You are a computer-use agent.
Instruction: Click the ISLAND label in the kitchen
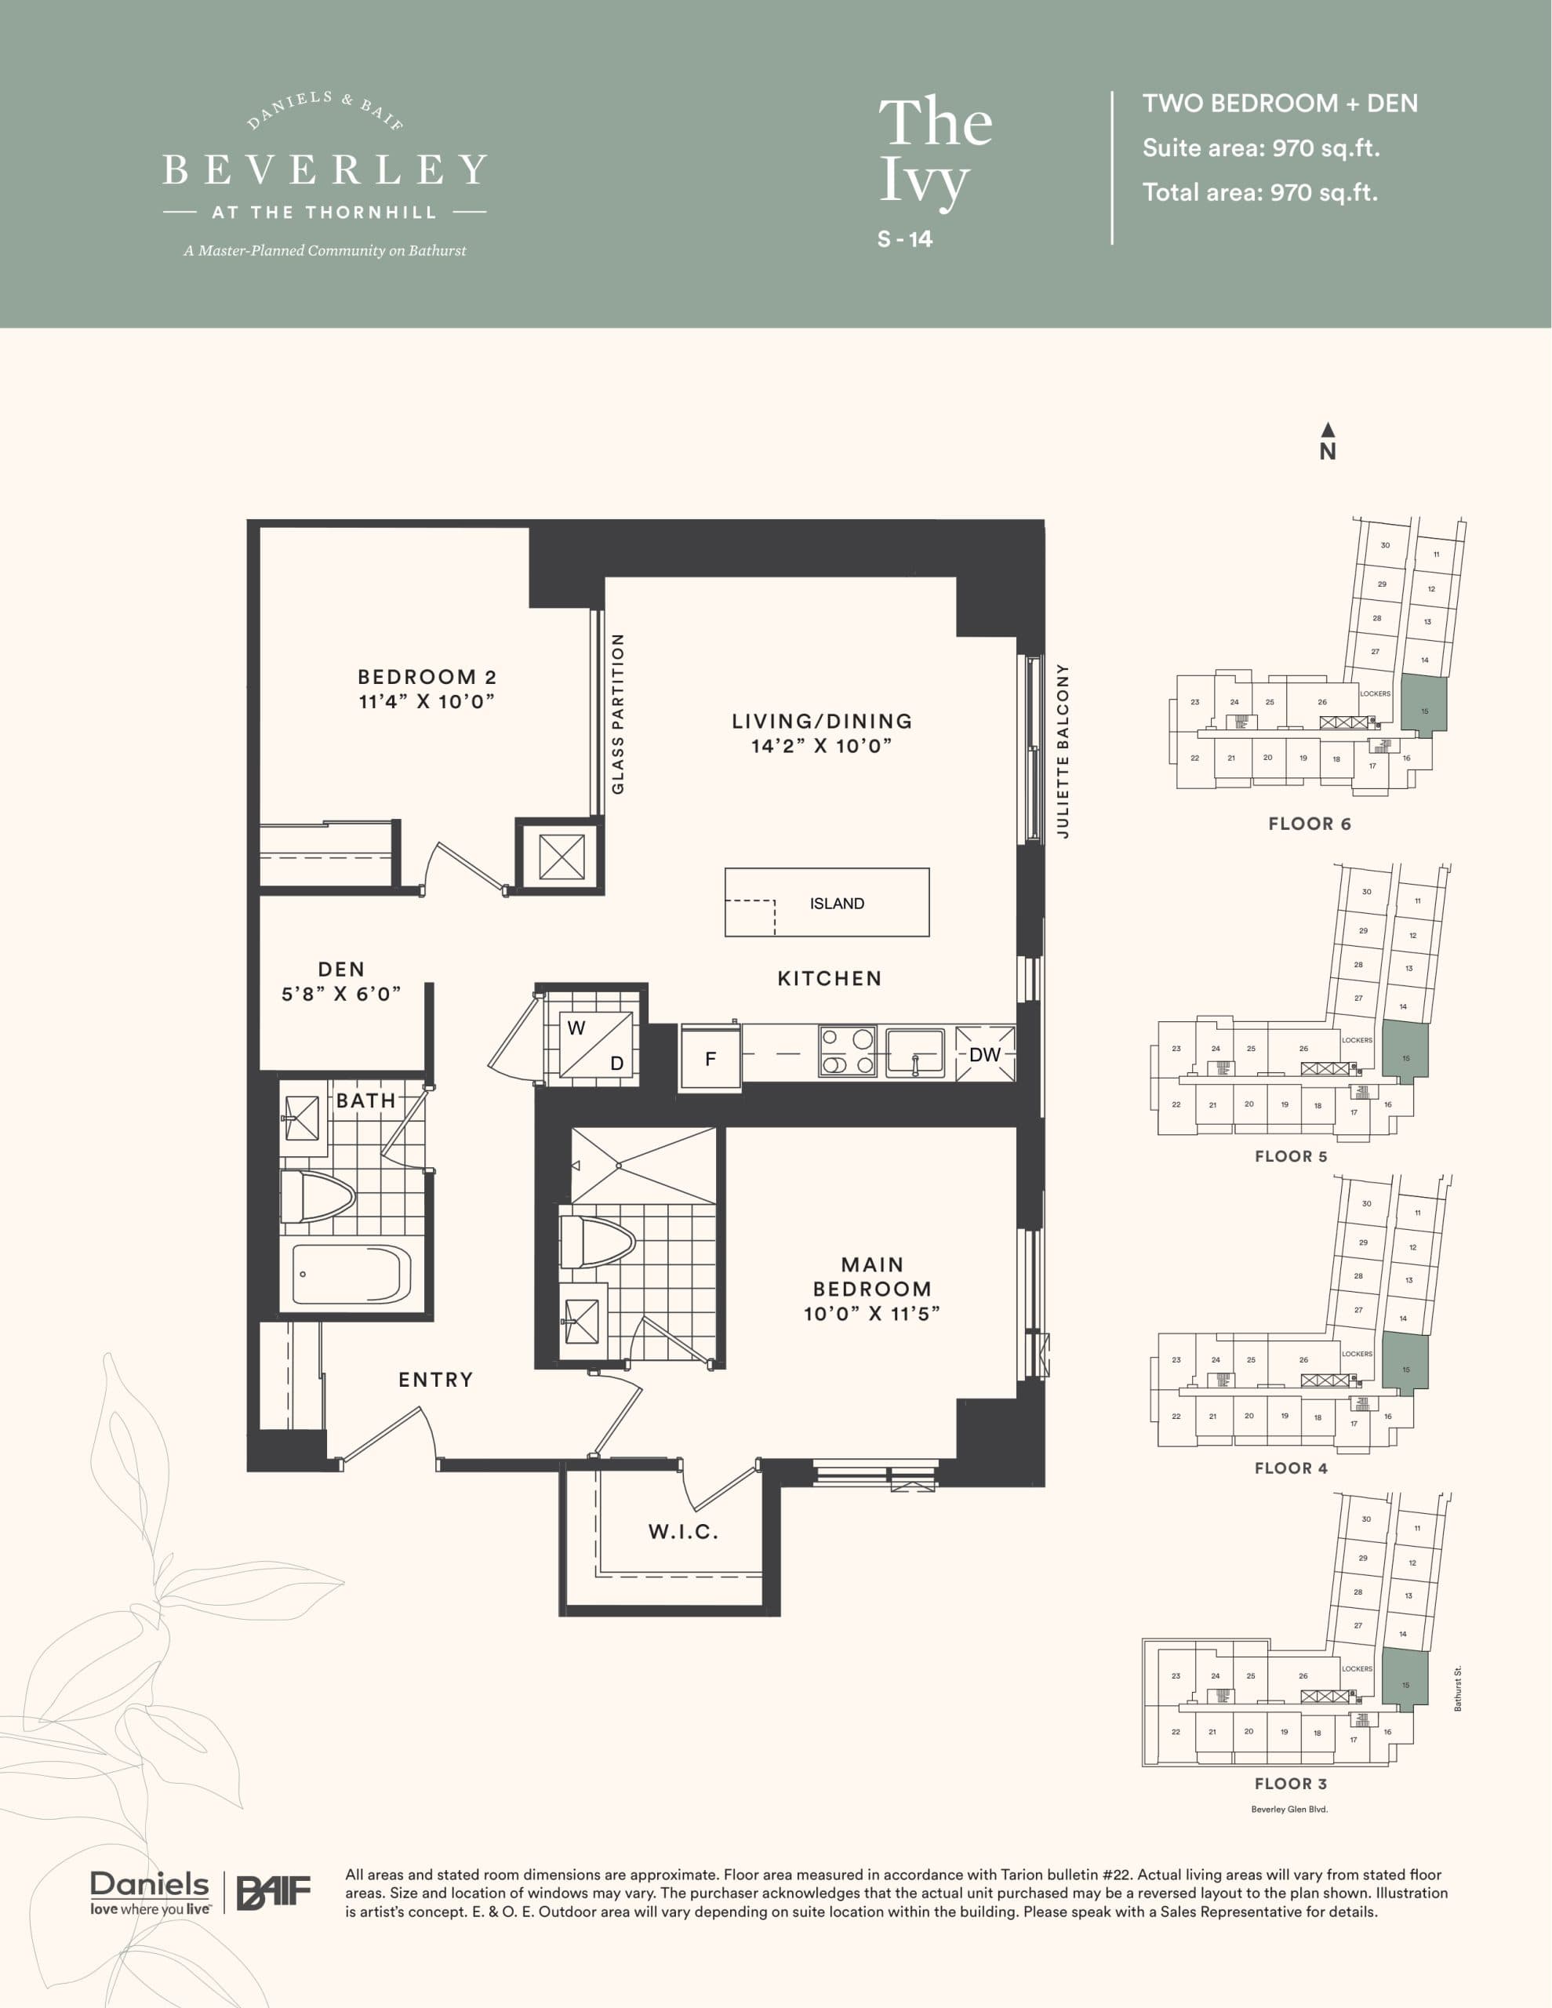tap(836, 904)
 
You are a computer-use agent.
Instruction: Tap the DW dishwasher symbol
tap(985, 1054)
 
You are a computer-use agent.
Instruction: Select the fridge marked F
tap(710, 1059)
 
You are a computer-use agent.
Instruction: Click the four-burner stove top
tap(847, 1052)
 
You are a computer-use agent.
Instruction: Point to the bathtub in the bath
tap(351, 1275)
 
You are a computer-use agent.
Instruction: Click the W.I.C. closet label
tap(683, 1532)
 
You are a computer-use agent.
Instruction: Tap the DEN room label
tap(341, 969)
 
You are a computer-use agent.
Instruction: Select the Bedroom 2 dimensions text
tap(427, 701)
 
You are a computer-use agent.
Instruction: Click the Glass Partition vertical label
tap(618, 714)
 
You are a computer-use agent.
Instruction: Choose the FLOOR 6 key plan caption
tap(1309, 824)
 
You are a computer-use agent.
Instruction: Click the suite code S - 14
tap(905, 239)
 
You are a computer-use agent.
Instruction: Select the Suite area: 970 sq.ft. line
tap(1260, 148)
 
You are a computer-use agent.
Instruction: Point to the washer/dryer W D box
tap(596, 1045)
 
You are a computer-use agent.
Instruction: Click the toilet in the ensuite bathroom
tap(597, 1242)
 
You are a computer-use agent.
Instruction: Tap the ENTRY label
tap(436, 1379)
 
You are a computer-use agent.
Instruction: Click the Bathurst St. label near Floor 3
tap(1458, 1688)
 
